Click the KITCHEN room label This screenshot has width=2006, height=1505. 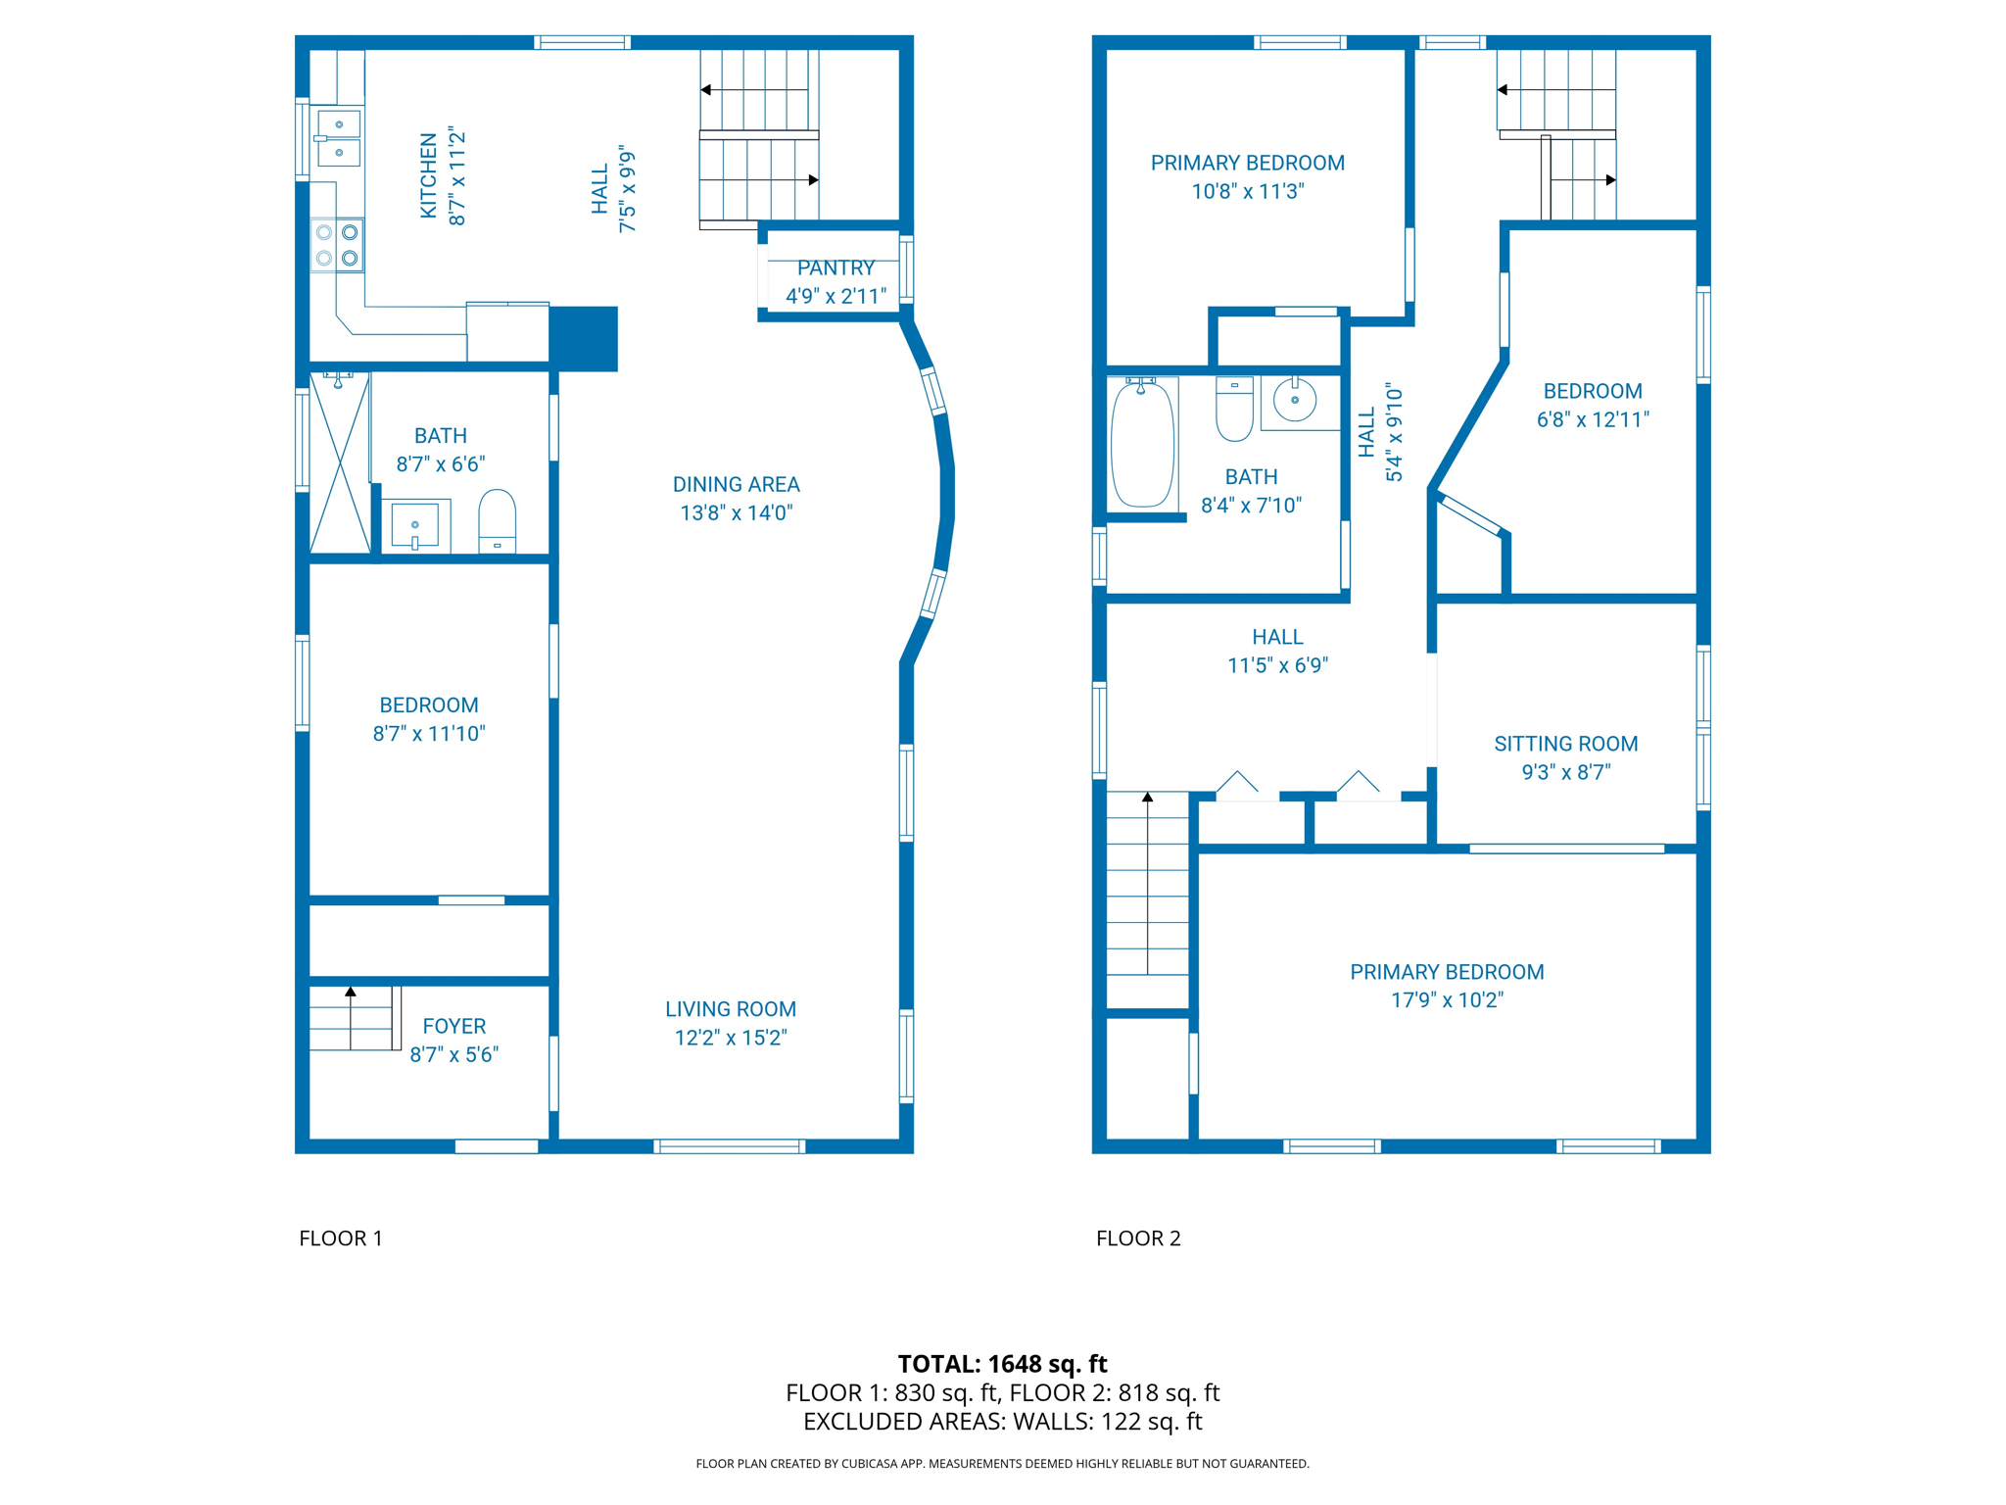[428, 176]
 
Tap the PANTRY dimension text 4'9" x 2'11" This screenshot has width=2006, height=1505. [836, 296]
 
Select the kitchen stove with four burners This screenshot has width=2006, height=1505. [337, 245]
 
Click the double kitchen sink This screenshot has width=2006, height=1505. [339, 138]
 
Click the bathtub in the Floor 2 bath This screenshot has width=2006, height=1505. [1142, 444]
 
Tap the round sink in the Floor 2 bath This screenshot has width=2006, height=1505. [1295, 400]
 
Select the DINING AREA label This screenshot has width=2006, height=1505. [736, 484]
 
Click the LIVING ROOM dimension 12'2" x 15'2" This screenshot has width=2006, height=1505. [731, 1038]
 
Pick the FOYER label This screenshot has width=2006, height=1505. [454, 1026]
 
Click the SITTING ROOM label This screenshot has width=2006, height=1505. [1565, 744]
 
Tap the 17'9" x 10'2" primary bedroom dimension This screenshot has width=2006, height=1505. [1447, 1000]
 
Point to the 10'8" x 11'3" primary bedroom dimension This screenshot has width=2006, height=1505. [1247, 191]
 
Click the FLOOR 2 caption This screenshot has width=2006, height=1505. [1138, 1238]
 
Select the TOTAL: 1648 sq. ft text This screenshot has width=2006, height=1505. [1002, 1364]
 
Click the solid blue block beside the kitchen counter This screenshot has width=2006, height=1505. [583, 338]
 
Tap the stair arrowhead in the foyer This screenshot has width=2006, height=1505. [351, 992]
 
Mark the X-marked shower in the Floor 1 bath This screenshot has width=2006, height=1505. [339, 463]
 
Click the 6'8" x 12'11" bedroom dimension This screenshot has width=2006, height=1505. [1593, 419]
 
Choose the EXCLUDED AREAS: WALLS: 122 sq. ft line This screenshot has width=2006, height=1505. [1002, 1422]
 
